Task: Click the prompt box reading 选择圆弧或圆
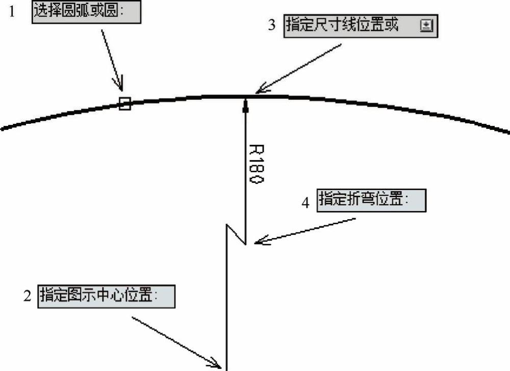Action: coord(86,12)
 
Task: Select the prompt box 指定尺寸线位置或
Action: coord(361,26)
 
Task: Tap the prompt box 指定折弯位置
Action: coord(371,200)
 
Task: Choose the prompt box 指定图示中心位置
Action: coord(107,296)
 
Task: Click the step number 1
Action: coord(12,12)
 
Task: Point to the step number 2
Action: coord(28,296)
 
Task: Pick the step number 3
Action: coord(272,24)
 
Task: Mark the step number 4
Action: coord(305,203)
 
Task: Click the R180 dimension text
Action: coord(257,164)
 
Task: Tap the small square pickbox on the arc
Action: coord(124,103)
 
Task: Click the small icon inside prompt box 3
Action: coord(426,25)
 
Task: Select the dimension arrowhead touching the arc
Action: coord(246,105)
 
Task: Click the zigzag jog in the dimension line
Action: coord(236,234)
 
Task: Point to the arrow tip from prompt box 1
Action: coord(122,91)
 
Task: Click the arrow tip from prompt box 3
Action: coord(256,93)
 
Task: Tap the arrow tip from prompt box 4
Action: coord(254,242)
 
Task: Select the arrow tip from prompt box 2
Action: coord(221,368)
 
